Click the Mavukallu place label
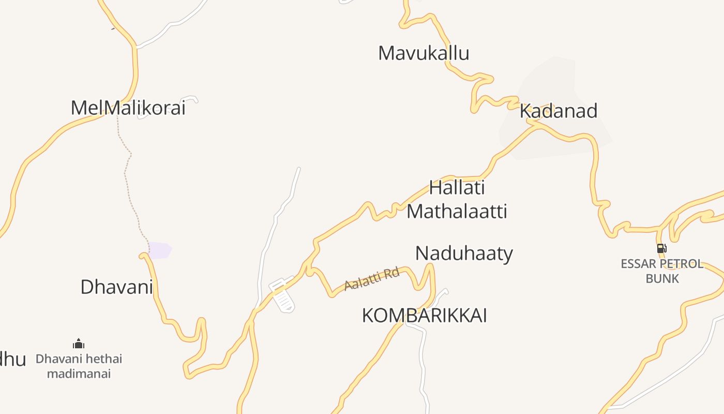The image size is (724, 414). pyautogui.click(x=424, y=53)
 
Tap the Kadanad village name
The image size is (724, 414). pyautogui.click(x=559, y=111)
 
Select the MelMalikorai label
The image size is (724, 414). pyautogui.click(x=128, y=108)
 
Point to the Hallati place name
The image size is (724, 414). pyautogui.click(x=457, y=187)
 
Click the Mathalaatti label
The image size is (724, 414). pyautogui.click(x=457, y=211)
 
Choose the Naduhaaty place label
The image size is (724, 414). pyautogui.click(x=464, y=254)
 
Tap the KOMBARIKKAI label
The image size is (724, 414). pyautogui.click(x=424, y=315)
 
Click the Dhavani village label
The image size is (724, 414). pyautogui.click(x=116, y=287)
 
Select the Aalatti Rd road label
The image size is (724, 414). pyautogui.click(x=372, y=278)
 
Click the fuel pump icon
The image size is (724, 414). pyautogui.click(x=661, y=248)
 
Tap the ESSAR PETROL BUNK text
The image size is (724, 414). pyautogui.click(x=662, y=271)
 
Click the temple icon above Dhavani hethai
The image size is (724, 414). pyautogui.click(x=79, y=344)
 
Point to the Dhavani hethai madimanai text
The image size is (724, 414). pyautogui.click(x=79, y=366)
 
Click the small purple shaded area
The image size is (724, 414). pyautogui.click(x=160, y=250)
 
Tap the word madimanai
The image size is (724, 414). pyautogui.click(x=79, y=374)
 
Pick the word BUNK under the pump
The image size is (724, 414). pyautogui.click(x=662, y=278)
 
